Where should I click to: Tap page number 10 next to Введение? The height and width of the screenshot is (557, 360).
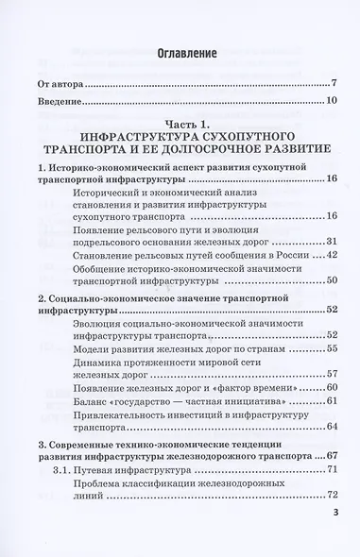(x=333, y=100)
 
